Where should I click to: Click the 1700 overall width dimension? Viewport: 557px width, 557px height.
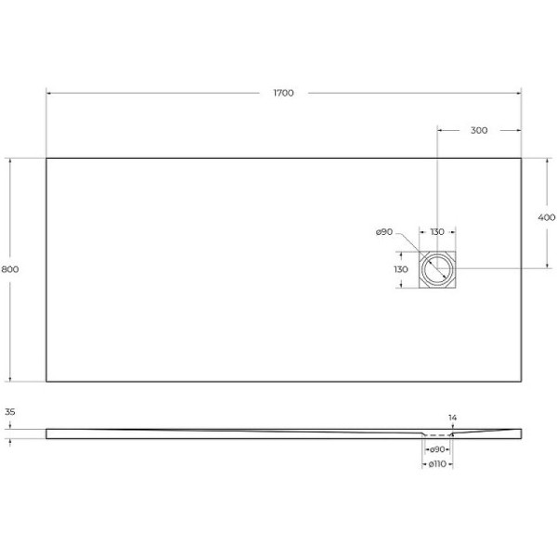tap(283, 93)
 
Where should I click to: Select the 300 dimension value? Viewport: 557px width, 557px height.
tap(478, 131)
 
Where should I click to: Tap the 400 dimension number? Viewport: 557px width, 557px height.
tap(547, 217)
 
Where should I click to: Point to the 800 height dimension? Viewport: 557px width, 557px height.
tap(10, 269)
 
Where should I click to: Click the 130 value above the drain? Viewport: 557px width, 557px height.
tap(436, 232)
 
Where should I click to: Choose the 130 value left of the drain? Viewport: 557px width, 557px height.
tap(401, 269)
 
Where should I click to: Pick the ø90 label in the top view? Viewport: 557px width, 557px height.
tap(385, 232)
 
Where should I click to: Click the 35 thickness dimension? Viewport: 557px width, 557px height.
tap(10, 410)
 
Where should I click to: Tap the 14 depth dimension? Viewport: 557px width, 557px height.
tap(452, 419)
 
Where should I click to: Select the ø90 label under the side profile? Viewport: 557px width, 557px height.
tap(436, 449)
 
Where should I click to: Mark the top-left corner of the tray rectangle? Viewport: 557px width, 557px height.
tap(46, 158)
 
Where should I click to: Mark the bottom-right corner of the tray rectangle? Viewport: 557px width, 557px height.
tap(521, 381)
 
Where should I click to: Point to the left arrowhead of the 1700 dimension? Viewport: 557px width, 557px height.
tap(48, 93)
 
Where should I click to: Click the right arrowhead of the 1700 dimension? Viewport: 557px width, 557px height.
tap(519, 93)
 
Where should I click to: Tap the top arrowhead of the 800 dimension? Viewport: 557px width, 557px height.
tap(10, 160)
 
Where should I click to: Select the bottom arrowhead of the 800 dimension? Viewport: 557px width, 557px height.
tap(10, 379)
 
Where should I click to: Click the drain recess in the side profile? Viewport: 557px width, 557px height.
tap(436, 434)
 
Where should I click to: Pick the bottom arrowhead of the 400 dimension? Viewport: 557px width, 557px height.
tap(547, 267)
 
